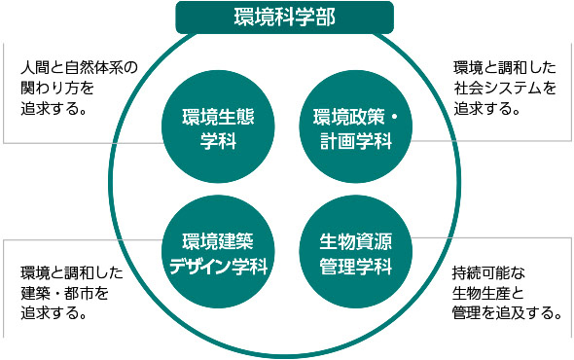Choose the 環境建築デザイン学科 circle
211,252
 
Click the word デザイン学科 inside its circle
211,265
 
